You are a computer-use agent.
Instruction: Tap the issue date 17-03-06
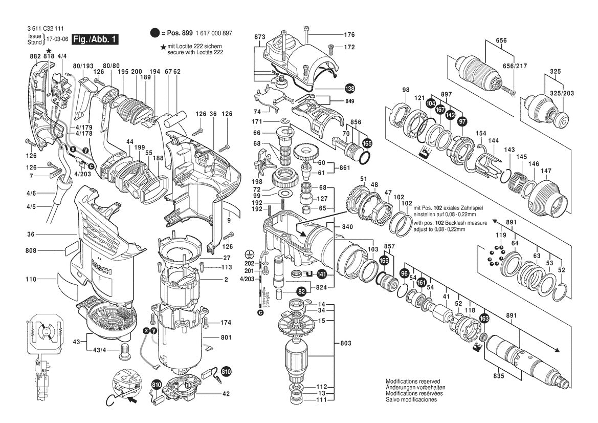point(57,39)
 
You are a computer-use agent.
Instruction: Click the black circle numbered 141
point(322,274)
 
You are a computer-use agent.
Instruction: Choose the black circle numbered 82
point(302,291)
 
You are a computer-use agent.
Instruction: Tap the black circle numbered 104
point(431,103)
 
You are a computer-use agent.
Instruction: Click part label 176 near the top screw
point(349,35)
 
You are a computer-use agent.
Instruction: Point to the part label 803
point(347,343)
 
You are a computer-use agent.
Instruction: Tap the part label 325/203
point(562,93)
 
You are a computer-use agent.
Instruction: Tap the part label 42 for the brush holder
point(227,394)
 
